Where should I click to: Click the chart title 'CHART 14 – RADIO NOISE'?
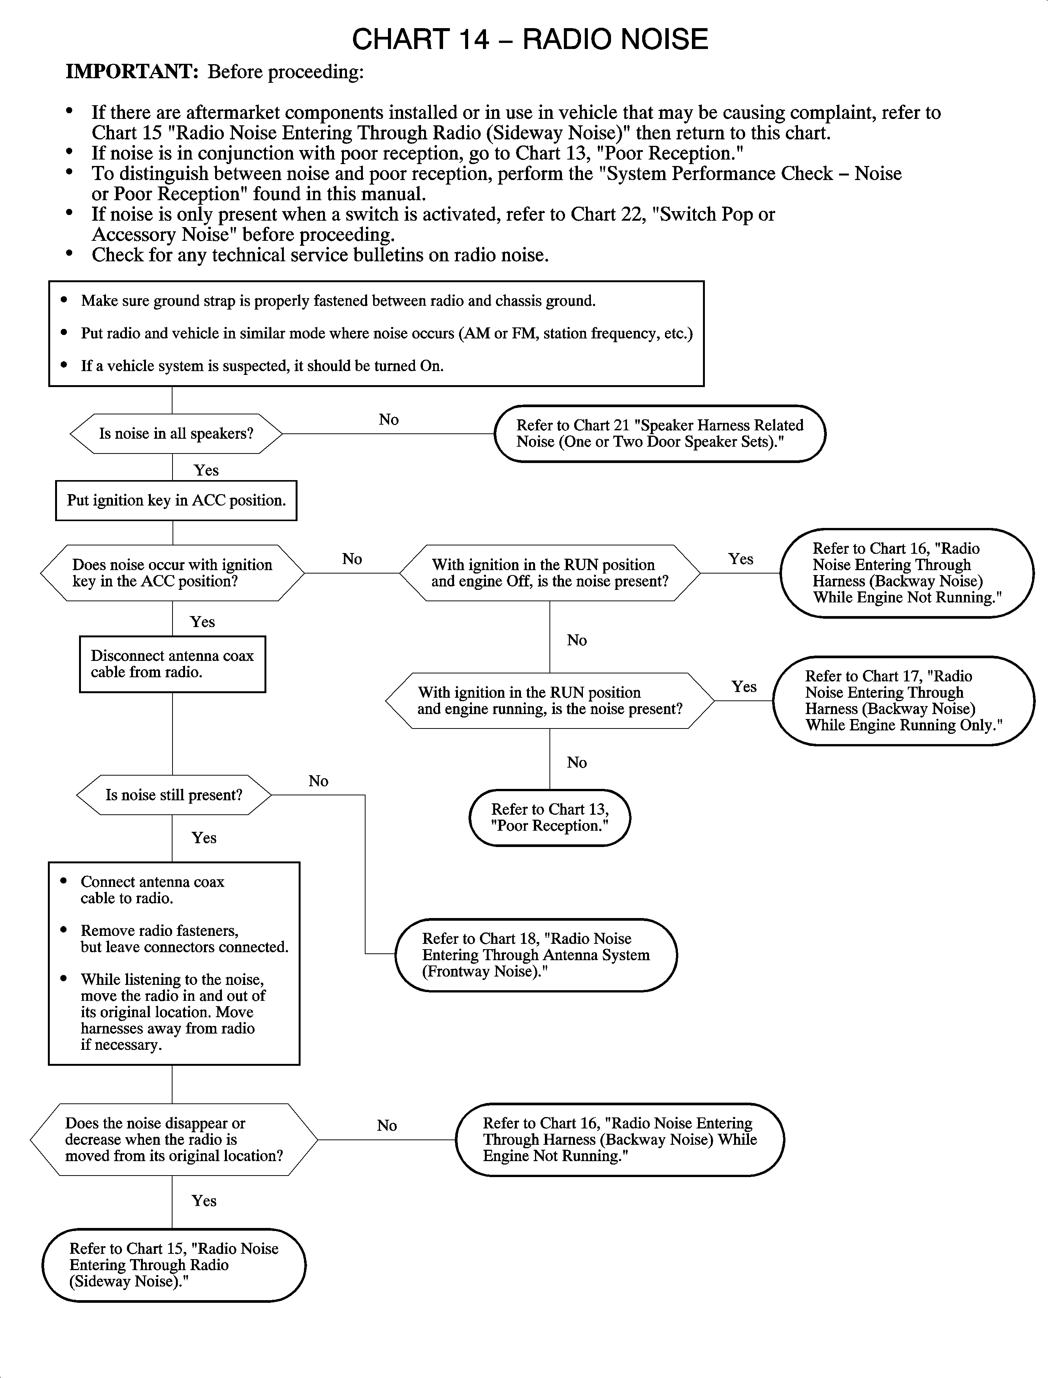pyautogui.click(x=530, y=39)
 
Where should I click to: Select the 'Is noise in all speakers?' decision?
pyautogui.click(x=176, y=433)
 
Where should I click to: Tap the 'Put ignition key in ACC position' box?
pyautogui.click(x=176, y=500)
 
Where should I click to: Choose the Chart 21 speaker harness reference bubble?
pyautogui.click(x=659, y=433)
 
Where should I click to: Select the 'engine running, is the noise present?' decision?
pyautogui.click(x=549, y=701)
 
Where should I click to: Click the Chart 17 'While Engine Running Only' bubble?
pyautogui.click(x=902, y=701)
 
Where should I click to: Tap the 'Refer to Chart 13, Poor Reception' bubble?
pyautogui.click(x=549, y=817)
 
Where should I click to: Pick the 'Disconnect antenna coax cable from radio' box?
pyautogui.click(x=172, y=664)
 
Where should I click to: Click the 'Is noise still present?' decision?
pyautogui.click(x=173, y=795)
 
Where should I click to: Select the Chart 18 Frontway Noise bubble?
pyautogui.click(x=536, y=954)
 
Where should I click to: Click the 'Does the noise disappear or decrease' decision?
pyautogui.click(x=173, y=1139)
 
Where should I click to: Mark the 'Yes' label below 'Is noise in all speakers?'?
pyautogui.click(x=206, y=470)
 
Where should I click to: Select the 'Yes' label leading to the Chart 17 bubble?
pyautogui.click(x=744, y=686)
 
